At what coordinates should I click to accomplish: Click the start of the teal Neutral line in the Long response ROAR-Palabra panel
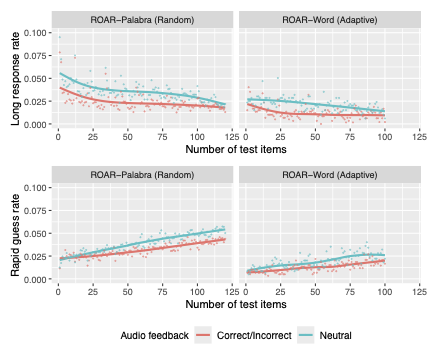tap(59, 73)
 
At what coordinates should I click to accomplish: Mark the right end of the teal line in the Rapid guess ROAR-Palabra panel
tap(224, 229)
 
